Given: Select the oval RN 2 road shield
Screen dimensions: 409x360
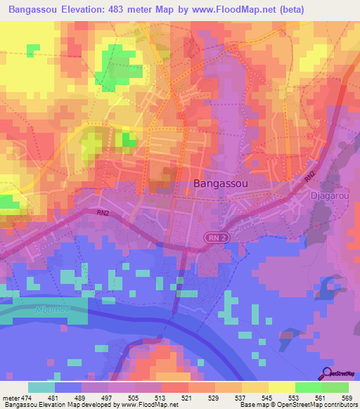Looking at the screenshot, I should (x=218, y=238).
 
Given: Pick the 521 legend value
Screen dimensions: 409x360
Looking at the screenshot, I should (x=187, y=398).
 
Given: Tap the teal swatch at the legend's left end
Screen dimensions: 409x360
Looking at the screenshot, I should (x=41, y=387).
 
